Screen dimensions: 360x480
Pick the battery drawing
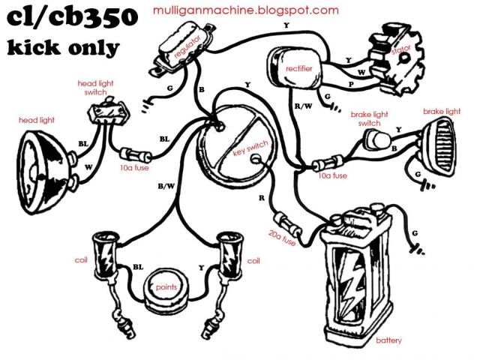pyautogui.click(x=358, y=270)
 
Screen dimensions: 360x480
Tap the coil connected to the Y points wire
pyautogui.click(x=227, y=255)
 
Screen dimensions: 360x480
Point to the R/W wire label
pyautogui.click(x=303, y=107)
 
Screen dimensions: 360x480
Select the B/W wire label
pyautogui.click(x=166, y=185)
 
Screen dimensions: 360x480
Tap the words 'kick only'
pyautogui.click(x=64, y=48)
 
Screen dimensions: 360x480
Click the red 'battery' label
pyautogui.click(x=388, y=340)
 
